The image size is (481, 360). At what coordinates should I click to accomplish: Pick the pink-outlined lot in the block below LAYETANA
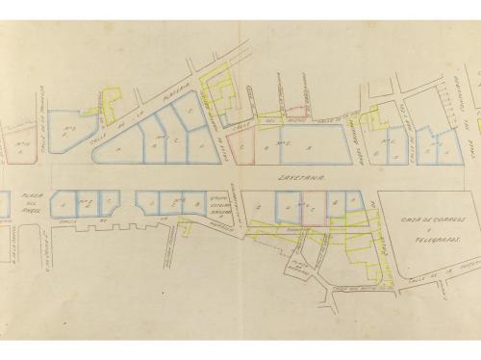click(x=310, y=206)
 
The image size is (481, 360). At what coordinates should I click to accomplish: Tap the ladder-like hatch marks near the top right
click(x=444, y=97)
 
